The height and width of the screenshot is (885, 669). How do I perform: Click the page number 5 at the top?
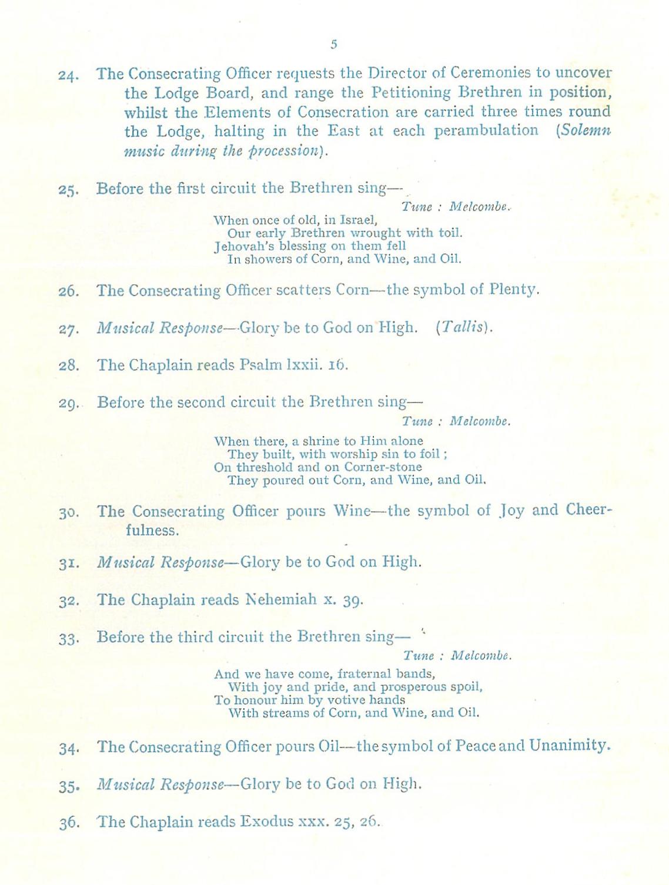click(x=334, y=44)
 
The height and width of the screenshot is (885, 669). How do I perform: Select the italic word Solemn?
click(x=586, y=130)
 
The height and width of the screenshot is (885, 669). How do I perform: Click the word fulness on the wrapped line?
click(x=151, y=530)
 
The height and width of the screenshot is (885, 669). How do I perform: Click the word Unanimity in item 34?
click(x=569, y=746)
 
